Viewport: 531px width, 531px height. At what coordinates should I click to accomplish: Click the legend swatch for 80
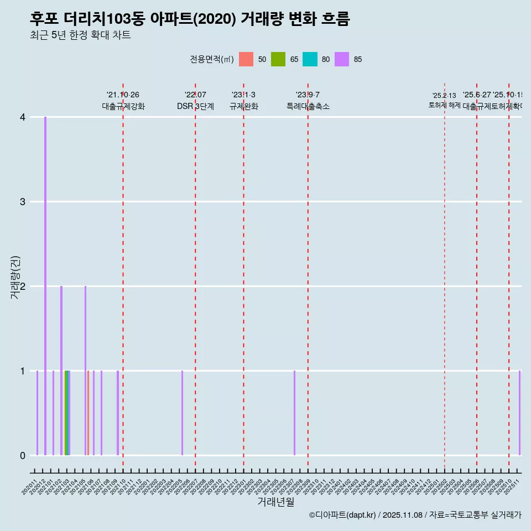pos(310,59)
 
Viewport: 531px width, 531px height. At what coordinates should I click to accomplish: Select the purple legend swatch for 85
pos(342,59)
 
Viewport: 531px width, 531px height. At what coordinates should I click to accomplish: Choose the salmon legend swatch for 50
pos(246,59)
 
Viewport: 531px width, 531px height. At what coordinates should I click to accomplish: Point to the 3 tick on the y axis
pos(23,201)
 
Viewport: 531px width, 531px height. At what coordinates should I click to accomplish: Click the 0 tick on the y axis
pos(23,455)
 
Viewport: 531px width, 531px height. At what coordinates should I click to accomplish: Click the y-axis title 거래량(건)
pos(15,278)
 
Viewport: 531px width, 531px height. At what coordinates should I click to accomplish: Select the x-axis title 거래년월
pos(275,502)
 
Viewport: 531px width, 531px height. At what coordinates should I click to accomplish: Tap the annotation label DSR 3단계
pos(195,106)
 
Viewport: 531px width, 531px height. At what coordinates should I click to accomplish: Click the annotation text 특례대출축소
pos(308,106)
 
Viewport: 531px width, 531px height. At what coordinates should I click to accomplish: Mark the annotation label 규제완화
pos(243,106)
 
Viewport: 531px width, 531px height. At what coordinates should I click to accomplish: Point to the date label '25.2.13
pos(444,96)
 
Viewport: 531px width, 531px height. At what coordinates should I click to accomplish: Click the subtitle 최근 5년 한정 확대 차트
pos(80,35)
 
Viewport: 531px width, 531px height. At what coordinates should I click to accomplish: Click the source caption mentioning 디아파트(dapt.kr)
pos(415,515)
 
